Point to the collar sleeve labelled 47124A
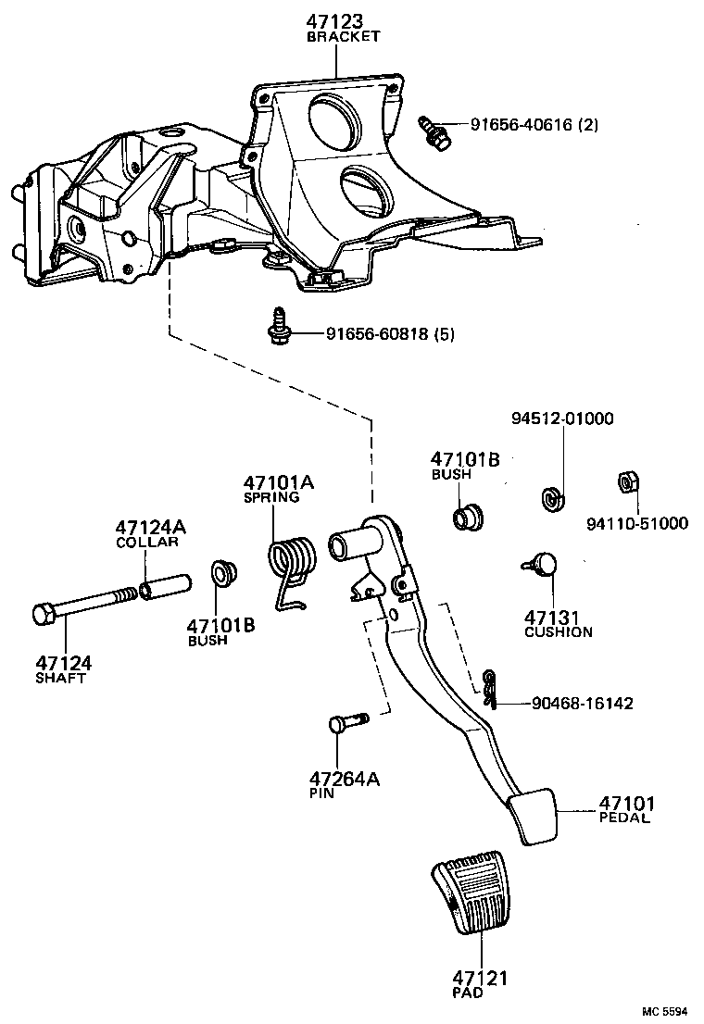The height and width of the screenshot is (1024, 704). (x=164, y=587)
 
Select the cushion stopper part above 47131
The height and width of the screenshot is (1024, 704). (x=544, y=563)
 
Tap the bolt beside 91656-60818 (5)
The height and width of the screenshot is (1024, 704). (x=277, y=328)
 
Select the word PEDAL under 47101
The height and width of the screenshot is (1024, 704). (x=624, y=818)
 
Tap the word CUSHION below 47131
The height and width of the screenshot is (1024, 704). (x=558, y=632)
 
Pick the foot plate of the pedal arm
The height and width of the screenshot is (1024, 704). (x=534, y=816)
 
